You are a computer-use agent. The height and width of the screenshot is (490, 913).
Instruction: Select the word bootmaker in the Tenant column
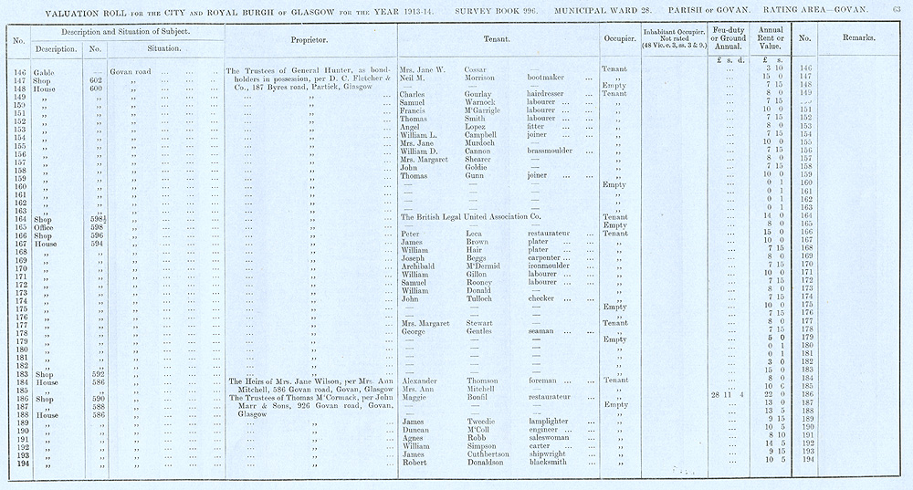coord(551,77)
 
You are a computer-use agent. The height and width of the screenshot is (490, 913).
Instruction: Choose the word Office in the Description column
coord(46,225)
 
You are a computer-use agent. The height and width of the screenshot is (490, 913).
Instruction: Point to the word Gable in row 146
coord(44,69)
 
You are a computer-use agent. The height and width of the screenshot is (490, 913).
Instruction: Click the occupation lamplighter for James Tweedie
coord(554,420)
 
